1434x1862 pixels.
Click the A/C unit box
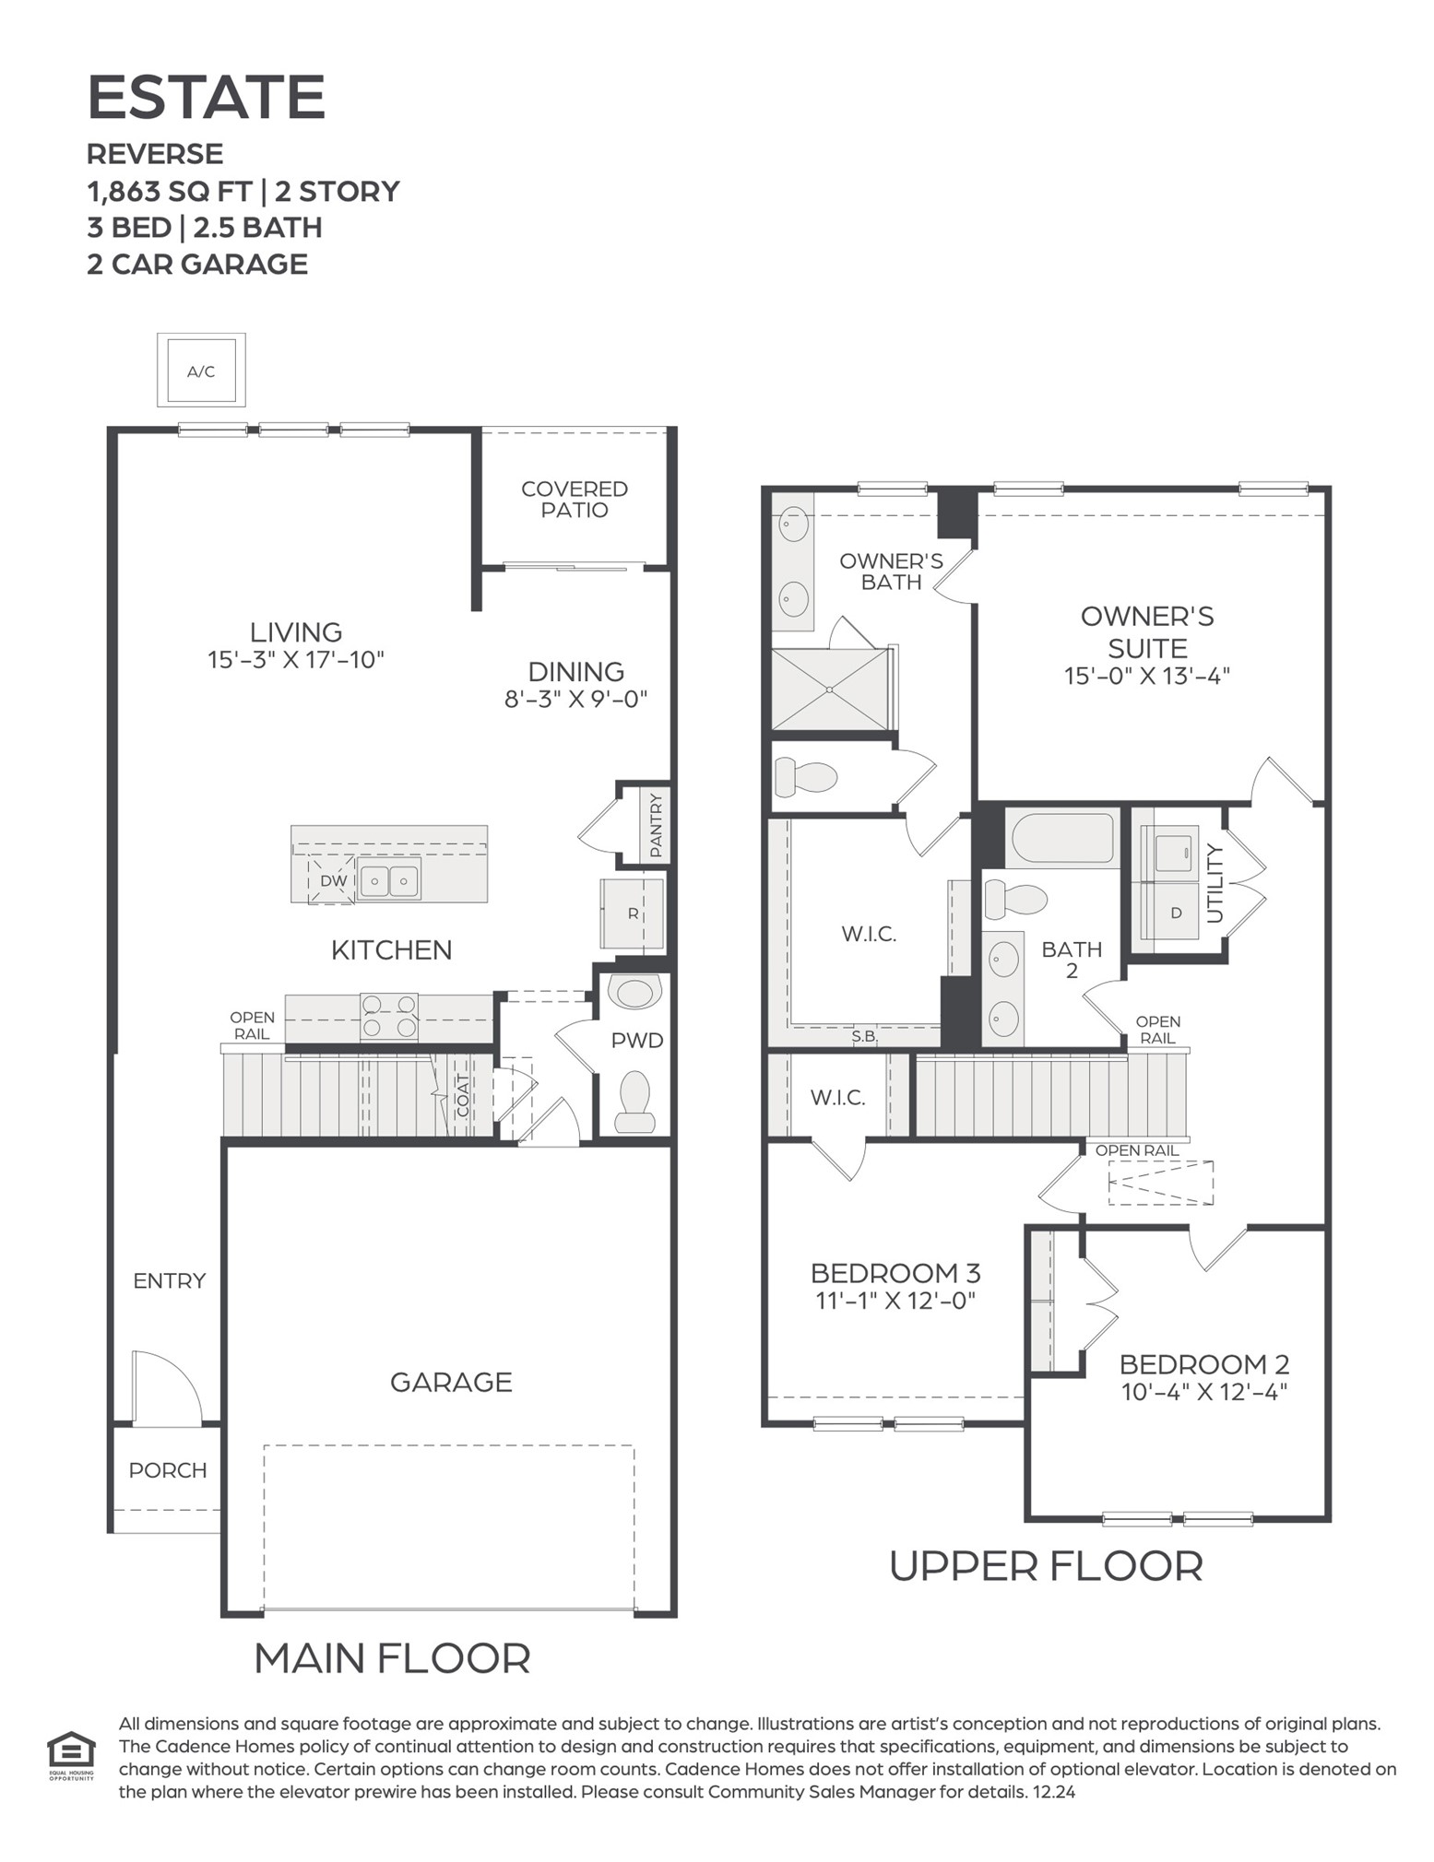point(201,371)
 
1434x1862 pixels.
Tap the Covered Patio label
point(574,500)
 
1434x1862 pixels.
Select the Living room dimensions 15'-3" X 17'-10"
point(295,660)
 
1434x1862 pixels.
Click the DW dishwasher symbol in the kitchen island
point(332,880)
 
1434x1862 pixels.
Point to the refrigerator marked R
point(633,913)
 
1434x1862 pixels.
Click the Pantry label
point(656,826)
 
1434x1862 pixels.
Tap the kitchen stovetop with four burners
point(388,1017)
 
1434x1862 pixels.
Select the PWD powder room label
point(637,1041)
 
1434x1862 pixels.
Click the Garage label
point(451,1382)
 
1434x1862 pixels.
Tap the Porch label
point(167,1470)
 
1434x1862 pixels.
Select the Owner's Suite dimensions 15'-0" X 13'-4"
point(1146,676)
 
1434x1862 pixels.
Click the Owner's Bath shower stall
point(829,689)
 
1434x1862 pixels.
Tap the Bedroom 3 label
point(895,1273)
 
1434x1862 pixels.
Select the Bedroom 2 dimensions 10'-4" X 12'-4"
point(1203,1392)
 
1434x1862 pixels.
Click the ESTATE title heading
point(206,98)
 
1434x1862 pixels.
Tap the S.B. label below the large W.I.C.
point(864,1036)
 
